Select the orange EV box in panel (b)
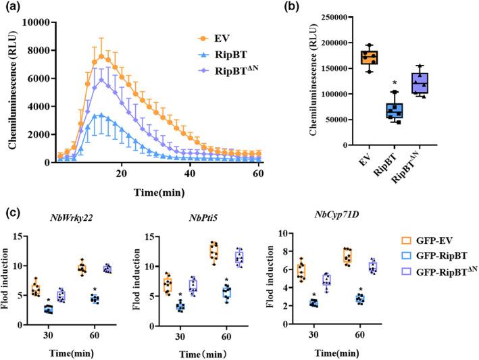click(388, 57)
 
